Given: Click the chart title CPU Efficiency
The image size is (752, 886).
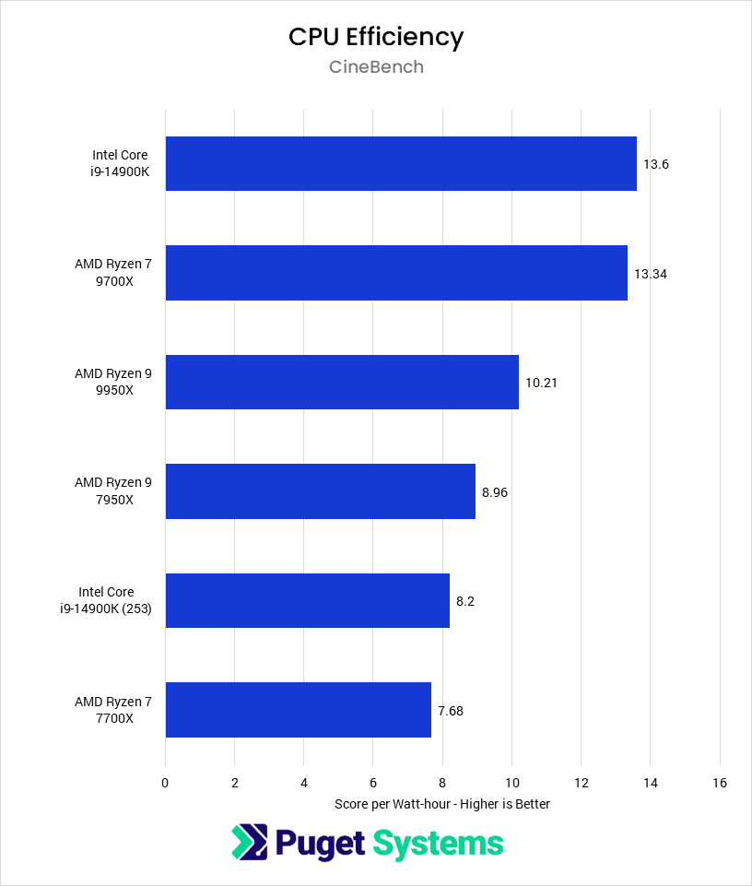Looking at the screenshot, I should [376, 37].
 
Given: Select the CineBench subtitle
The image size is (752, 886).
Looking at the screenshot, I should [376, 67].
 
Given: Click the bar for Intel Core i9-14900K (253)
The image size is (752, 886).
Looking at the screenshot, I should [307, 600].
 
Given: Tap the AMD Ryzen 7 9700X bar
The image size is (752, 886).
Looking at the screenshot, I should [396, 273].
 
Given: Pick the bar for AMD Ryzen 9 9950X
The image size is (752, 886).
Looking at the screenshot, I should [342, 382].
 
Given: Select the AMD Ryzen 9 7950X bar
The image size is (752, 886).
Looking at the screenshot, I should [320, 491].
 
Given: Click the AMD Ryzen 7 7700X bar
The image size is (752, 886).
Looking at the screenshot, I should [298, 710].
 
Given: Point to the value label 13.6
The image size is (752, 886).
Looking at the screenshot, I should [655, 164].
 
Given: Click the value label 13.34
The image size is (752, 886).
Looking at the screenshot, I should [650, 273].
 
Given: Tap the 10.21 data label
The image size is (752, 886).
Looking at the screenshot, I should [541, 382].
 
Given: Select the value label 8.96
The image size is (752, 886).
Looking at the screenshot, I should [495, 491].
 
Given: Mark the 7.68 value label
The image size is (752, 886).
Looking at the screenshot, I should [451, 710].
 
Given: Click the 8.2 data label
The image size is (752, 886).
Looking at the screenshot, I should [465, 600].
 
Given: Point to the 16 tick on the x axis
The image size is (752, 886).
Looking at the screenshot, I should [720, 783].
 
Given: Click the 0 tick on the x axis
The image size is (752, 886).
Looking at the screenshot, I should [165, 783].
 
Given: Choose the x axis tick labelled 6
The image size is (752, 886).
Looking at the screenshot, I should [373, 783].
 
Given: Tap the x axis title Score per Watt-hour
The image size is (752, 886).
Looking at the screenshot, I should [442, 804].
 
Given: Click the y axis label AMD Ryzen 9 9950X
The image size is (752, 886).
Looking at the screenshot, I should [113, 382].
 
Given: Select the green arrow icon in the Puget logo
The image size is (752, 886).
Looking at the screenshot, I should [247, 843].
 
